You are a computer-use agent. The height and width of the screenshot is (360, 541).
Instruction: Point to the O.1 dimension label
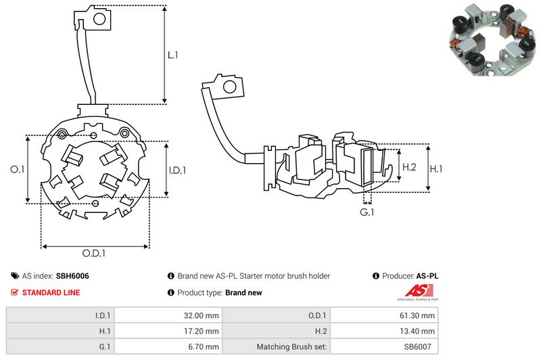click(x=18, y=170)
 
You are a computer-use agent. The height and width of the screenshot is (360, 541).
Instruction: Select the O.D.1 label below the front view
click(x=94, y=253)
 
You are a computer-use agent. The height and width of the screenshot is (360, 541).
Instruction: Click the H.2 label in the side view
click(x=409, y=166)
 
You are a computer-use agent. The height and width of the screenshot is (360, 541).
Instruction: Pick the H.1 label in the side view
click(x=438, y=166)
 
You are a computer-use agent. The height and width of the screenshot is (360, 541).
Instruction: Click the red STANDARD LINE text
click(x=51, y=292)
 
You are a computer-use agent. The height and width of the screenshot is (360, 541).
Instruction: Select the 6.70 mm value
click(x=203, y=346)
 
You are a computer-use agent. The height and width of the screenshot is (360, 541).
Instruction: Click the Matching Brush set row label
click(x=291, y=346)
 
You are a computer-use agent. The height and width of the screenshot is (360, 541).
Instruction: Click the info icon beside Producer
click(x=375, y=276)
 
